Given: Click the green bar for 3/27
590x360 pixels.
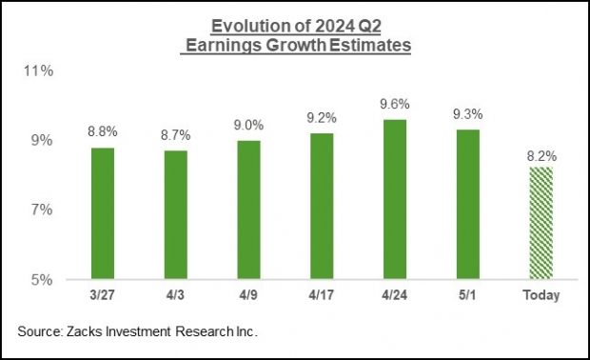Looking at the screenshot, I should [x=103, y=213].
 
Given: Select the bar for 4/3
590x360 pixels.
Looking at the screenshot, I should [x=175, y=215].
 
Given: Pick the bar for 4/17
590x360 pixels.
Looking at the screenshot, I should [x=322, y=207].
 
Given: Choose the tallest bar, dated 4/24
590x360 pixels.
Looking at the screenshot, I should [x=394, y=199].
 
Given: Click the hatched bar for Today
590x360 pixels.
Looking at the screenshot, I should [x=540, y=223].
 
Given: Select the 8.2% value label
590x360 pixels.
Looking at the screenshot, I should [x=540, y=155].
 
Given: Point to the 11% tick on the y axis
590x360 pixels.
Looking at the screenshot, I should [x=45, y=70].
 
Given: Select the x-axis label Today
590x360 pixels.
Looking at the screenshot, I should [x=540, y=295].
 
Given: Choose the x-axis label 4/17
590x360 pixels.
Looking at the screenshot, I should [x=322, y=295].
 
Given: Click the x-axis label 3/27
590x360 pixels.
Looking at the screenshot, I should [x=103, y=295].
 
